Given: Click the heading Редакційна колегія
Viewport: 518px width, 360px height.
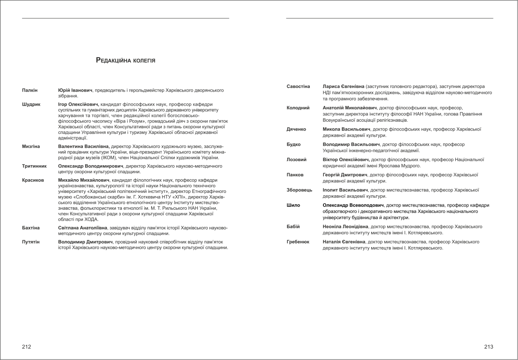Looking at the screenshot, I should [125, 60].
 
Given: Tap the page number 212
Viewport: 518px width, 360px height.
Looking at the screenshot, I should [27, 347].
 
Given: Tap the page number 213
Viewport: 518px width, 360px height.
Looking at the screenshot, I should [489, 347].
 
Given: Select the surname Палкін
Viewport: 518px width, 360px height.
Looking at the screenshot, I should [30, 90].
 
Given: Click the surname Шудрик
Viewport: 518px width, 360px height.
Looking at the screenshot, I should [31, 104].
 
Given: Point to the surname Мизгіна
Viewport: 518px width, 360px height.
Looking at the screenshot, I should [31, 147].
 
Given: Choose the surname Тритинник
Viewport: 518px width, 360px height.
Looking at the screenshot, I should [34, 166].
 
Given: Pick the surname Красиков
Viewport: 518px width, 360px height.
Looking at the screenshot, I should [33, 180].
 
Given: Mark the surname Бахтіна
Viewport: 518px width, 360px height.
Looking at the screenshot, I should [31, 228].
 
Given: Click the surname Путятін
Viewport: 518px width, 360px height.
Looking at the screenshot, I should [31, 242].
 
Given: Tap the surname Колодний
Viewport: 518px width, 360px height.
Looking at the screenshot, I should [298, 108].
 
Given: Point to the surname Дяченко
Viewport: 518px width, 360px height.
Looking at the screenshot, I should [296, 129].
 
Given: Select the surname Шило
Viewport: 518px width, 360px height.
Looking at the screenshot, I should [293, 205].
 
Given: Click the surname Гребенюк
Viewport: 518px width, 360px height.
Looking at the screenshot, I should [298, 242].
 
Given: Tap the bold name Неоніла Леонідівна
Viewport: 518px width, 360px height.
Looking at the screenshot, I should [345, 227].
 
